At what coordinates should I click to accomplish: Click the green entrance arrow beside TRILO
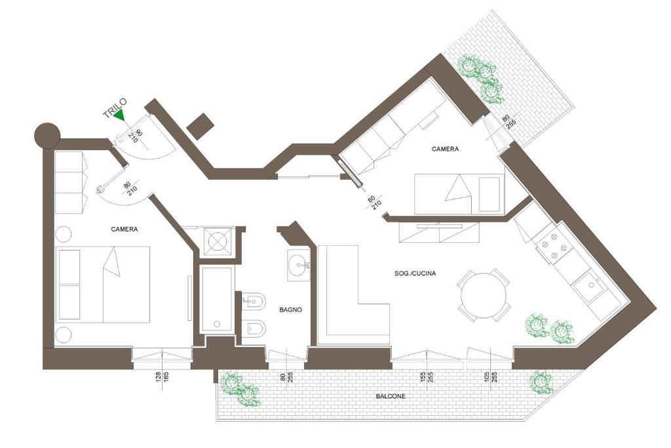121,115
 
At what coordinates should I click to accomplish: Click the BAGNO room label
290,310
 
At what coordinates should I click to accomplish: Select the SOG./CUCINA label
415,274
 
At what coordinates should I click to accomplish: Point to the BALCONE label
391,397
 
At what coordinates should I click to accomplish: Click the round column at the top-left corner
47,134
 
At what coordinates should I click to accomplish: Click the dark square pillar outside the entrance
201,127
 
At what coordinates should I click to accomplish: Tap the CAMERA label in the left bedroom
124,229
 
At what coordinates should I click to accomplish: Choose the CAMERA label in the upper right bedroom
445,149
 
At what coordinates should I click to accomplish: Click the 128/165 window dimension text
163,377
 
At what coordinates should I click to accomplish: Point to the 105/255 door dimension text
490,377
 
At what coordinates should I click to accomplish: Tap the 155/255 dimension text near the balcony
426,377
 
